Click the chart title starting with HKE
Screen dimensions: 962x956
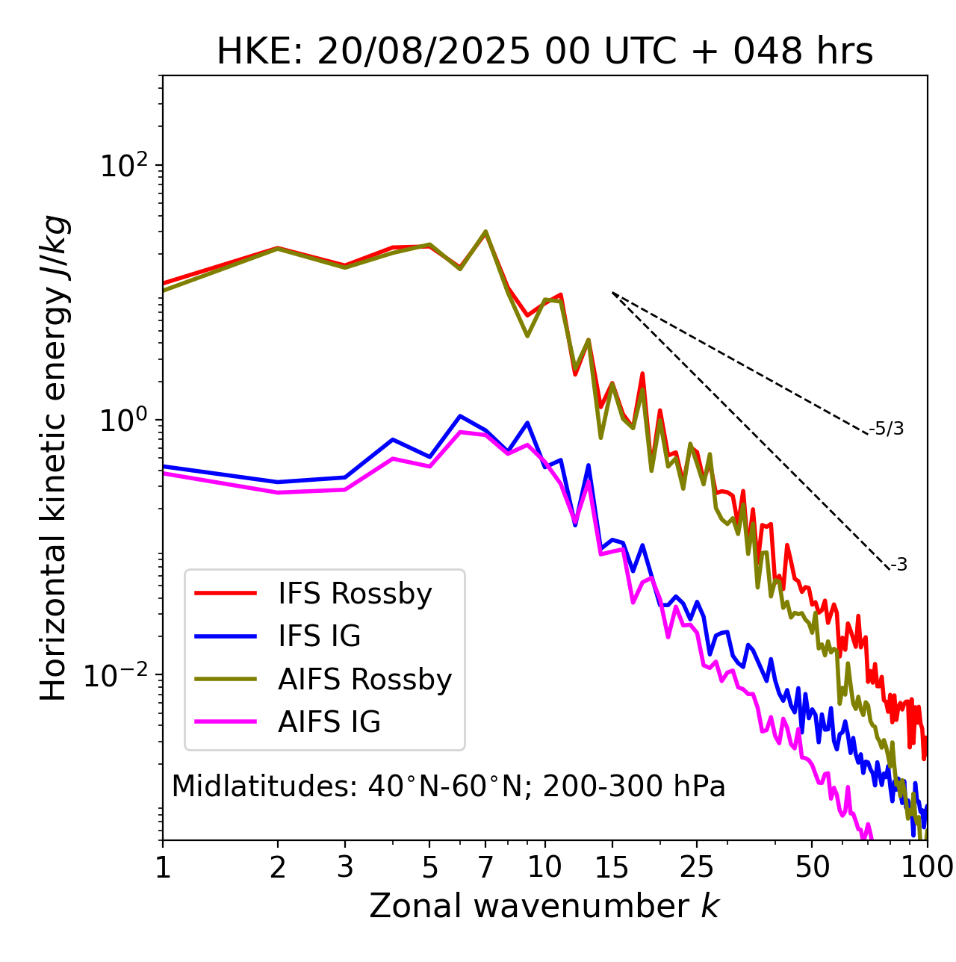(x=544, y=52)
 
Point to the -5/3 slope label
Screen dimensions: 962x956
(x=887, y=429)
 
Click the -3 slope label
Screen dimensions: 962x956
(x=898, y=565)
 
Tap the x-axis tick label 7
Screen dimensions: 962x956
(x=485, y=867)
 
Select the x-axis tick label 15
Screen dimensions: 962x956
(x=612, y=867)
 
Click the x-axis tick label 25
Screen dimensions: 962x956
(x=697, y=867)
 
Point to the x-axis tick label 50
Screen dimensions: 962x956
(x=812, y=867)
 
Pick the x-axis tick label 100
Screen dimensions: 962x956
(x=926, y=867)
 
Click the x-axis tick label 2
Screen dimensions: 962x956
(x=278, y=867)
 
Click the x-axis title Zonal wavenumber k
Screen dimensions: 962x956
(x=544, y=906)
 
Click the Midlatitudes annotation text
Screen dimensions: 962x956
(x=448, y=786)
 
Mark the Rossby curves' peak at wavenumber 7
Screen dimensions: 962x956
(x=485, y=232)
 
